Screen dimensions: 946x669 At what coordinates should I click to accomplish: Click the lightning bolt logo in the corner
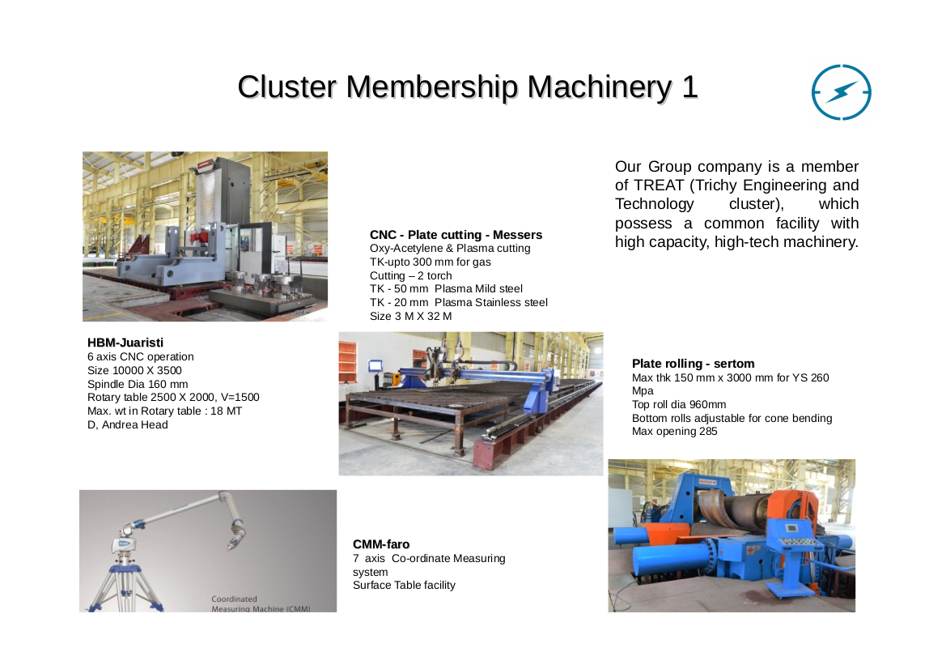click(x=841, y=92)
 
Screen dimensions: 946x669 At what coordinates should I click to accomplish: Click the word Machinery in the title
click(x=599, y=87)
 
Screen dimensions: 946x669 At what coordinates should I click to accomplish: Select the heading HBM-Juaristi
click(x=125, y=343)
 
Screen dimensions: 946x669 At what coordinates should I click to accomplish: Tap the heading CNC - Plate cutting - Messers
click(x=456, y=235)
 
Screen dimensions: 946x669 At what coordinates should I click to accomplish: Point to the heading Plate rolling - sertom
click(x=694, y=364)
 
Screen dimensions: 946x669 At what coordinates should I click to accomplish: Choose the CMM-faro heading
click(x=381, y=544)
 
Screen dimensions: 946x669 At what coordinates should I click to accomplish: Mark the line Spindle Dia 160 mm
click(x=138, y=384)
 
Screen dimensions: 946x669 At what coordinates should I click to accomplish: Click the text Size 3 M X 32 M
click(x=411, y=316)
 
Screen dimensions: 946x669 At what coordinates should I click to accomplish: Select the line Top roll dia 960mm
click(x=679, y=404)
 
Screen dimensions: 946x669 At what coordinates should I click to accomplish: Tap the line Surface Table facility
click(x=405, y=585)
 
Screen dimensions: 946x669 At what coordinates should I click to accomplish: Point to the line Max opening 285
click(x=675, y=431)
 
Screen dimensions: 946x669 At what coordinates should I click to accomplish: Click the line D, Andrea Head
click(x=128, y=424)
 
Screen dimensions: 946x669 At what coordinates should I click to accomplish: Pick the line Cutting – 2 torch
click(x=411, y=275)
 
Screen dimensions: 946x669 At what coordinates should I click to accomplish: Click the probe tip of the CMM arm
click(x=231, y=547)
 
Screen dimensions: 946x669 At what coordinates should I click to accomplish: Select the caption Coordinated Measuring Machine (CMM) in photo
click(x=261, y=603)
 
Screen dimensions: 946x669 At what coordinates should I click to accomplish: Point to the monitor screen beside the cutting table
click(x=375, y=365)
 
